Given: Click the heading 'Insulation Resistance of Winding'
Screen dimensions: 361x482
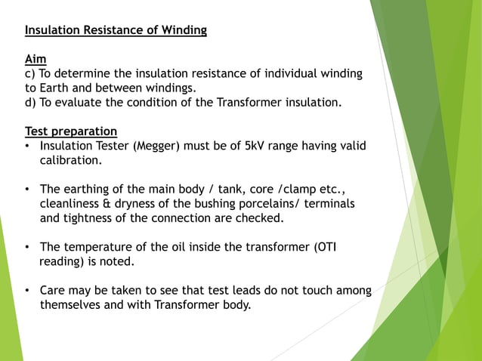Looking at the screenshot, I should point(116,31).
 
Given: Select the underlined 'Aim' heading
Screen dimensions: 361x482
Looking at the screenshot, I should point(35,59).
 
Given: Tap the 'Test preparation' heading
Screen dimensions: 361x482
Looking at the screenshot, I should point(71,131).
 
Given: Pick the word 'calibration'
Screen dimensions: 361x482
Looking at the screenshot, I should point(70,160).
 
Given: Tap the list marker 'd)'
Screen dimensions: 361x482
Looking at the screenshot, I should point(32,103).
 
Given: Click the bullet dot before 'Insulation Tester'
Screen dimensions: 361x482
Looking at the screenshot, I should point(28,147).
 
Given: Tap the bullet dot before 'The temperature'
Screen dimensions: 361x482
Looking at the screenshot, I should point(28,248).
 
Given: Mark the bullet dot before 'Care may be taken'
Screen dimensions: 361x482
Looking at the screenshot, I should point(28,291).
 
